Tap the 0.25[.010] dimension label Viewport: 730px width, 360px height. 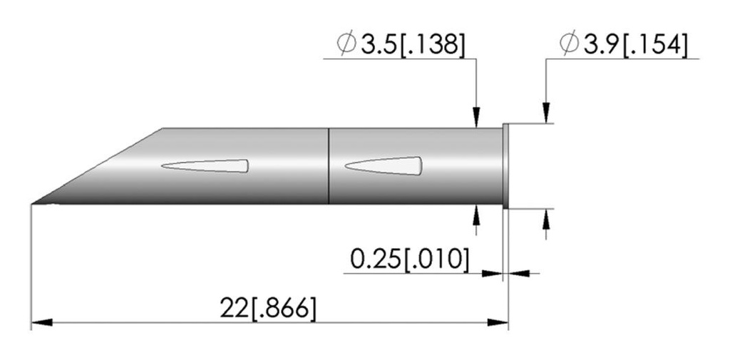click(410, 259)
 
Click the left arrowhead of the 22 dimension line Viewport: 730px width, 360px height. click(41, 323)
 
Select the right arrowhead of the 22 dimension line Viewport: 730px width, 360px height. click(498, 323)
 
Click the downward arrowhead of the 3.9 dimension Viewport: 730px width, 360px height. click(545, 114)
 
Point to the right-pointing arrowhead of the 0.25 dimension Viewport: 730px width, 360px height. click(493, 272)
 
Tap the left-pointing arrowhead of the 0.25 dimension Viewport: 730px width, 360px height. click(518, 272)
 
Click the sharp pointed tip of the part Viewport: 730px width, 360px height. click(34, 205)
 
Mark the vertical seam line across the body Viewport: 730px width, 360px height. click(328, 165)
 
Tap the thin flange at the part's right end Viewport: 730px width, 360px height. click(505, 166)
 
